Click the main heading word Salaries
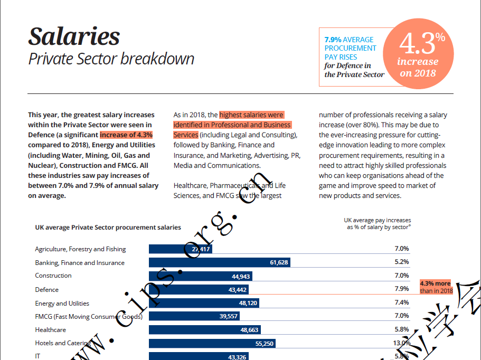pos(74,36)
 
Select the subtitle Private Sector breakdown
pos(111,59)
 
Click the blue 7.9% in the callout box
pos(332,40)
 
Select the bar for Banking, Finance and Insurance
pos(219,262)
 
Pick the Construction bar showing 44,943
pos(200,276)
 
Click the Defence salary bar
pos(198,290)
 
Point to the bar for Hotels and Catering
pos(212,343)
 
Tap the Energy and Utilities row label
pos(62,304)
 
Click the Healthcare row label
pos(50,330)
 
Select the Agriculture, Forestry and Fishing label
pos(80,249)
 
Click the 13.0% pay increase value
pos(401,343)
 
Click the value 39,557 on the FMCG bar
pos(228,316)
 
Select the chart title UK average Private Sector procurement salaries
pos(108,228)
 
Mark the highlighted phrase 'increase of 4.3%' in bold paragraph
pos(126,135)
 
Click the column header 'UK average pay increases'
pos(377,220)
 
